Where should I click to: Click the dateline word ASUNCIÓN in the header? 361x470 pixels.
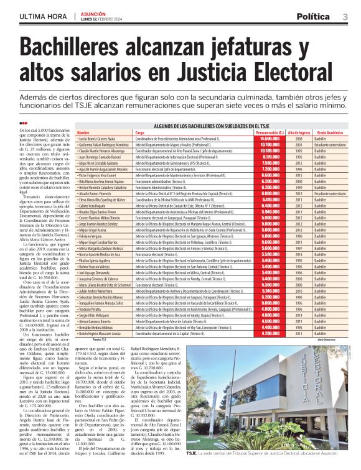[x=94, y=12]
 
